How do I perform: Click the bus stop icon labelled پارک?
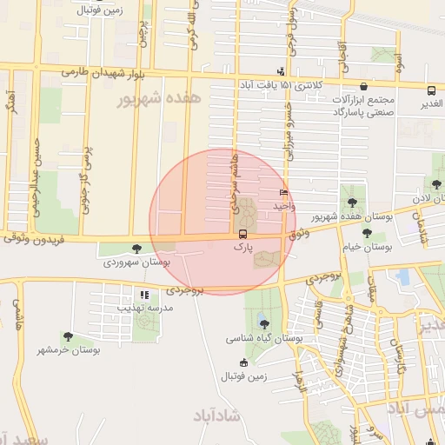(x=242, y=234)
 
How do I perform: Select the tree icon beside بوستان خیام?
(x=367, y=233)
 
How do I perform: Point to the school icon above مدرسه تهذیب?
(x=145, y=295)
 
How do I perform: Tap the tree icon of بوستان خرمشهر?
(x=68, y=336)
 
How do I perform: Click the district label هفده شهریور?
(x=170, y=99)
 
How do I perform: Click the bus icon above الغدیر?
(x=431, y=90)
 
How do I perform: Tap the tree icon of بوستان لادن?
(x=436, y=184)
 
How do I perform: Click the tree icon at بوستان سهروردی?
(x=134, y=249)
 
